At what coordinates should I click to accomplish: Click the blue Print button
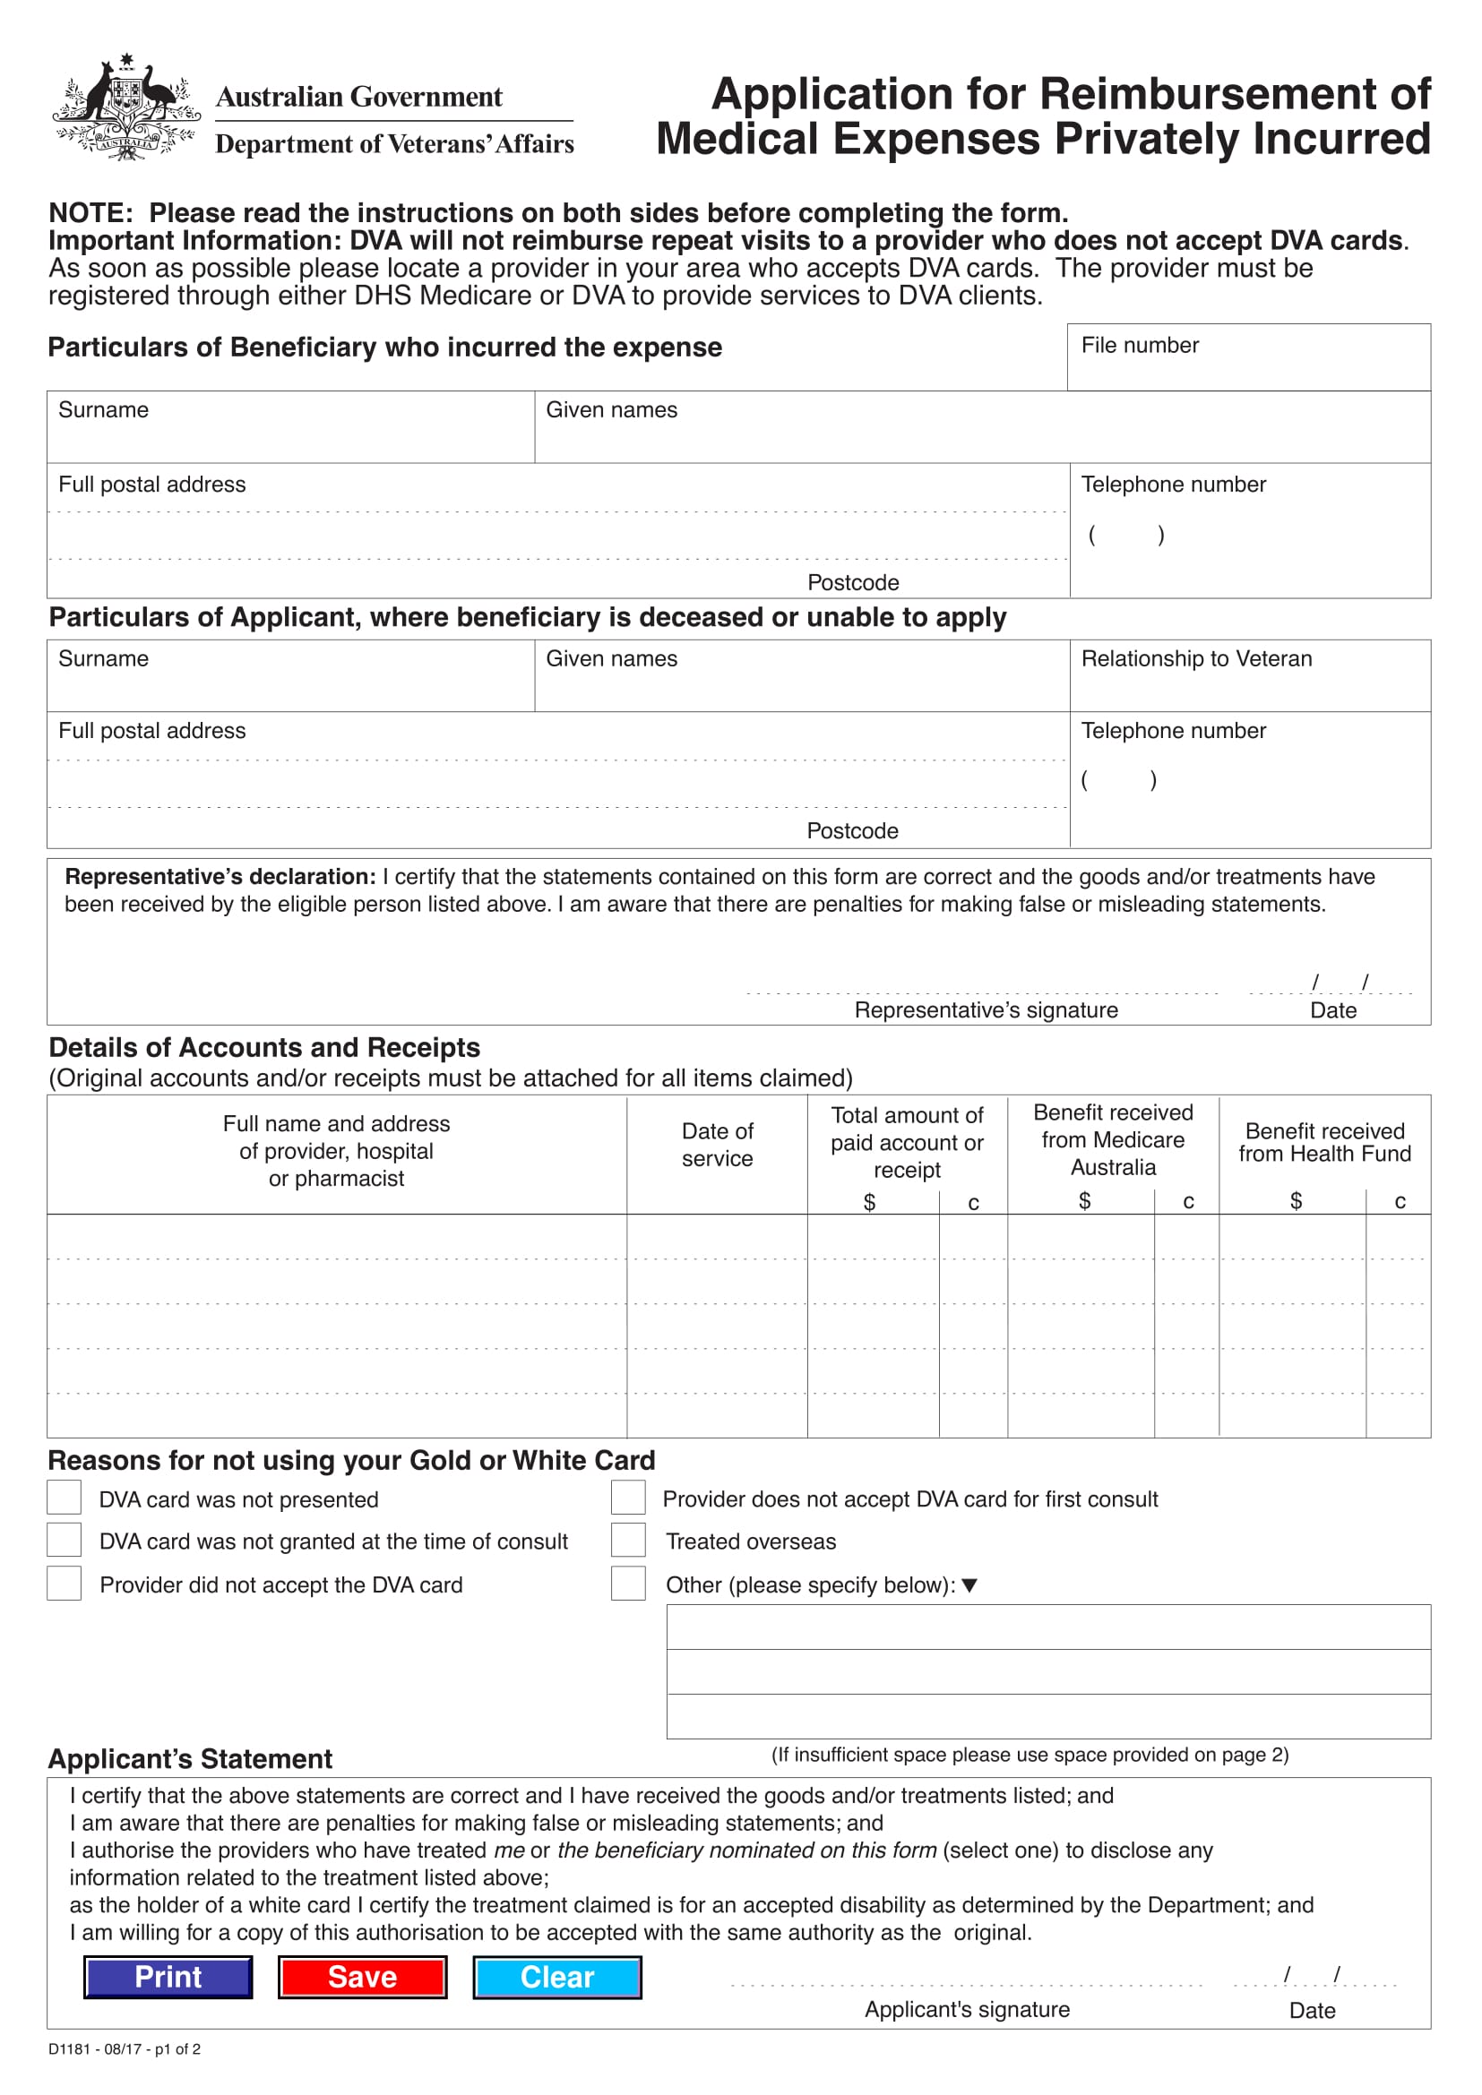pyautogui.click(x=168, y=1978)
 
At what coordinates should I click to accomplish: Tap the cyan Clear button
pyautogui.click(x=556, y=1978)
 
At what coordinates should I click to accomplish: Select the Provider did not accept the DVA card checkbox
pyautogui.click(x=64, y=1584)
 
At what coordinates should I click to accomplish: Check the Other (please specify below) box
pyautogui.click(x=628, y=1584)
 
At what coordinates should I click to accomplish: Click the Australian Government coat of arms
pyautogui.click(x=126, y=107)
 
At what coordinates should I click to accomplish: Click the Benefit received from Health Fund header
pyautogui.click(x=1324, y=1142)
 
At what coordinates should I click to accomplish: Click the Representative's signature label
pyautogui.click(x=986, y=1010)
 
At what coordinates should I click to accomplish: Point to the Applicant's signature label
pyautogui.click(x=968, y=2009)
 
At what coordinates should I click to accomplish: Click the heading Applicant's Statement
pyautogui.click(x=190, y=1759)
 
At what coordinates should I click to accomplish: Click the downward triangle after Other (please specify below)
pyautogui.click(x=969, y=1586)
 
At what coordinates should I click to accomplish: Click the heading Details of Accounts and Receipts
pyautogui.click(x=263, y=1048)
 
